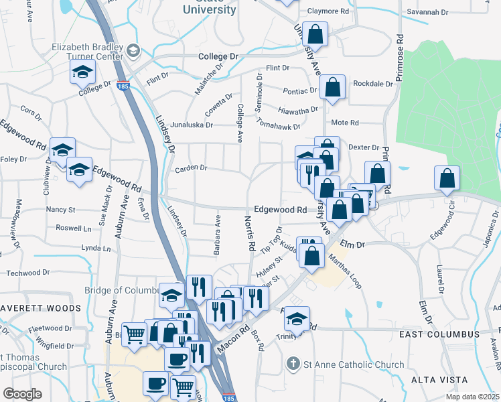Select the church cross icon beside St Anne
pos(292,364)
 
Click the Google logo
pos(22,393)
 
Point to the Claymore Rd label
pos(328,11)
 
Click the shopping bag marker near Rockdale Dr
pos(332,86)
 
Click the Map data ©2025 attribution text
pos(473,397)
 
